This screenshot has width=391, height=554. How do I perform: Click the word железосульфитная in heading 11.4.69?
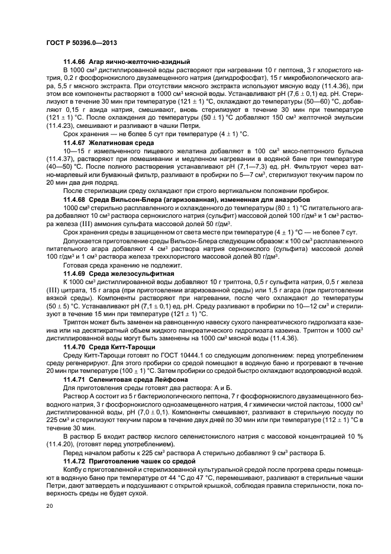pos(142,275)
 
